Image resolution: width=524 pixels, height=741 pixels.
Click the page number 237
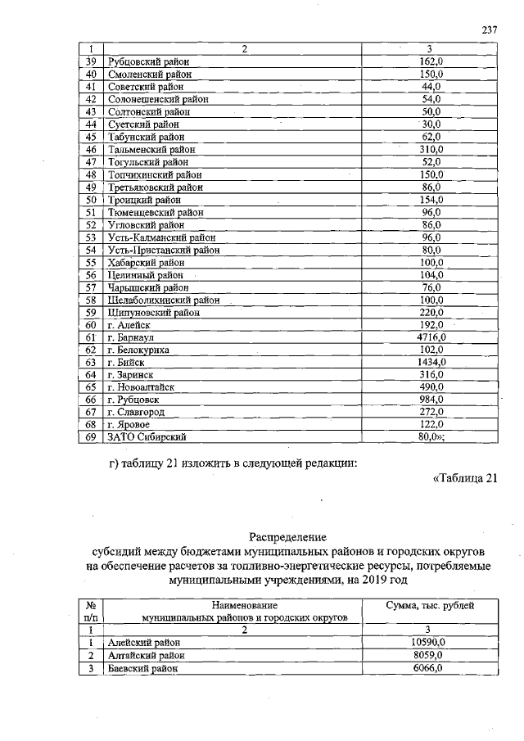click(x=490, y=29)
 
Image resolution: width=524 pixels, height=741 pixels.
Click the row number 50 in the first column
click(x=92, y=199)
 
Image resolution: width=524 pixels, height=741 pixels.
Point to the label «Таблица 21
click(x=463, y=479)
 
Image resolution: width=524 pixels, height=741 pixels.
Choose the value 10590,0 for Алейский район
click(x=430, y=643)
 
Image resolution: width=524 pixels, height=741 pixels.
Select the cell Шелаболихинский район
click(x=165, y=300)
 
